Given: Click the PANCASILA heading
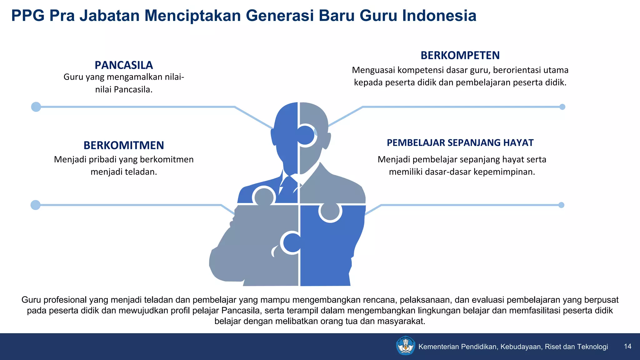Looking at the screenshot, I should click(124, 65).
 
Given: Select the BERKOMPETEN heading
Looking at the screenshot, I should click(460, 55).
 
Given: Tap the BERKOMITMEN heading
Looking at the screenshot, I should click(124, 145).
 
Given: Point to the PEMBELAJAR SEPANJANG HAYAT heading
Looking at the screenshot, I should click(460, 142).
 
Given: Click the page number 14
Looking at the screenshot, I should click(627, 346).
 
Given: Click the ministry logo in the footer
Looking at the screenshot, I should click(405, 346).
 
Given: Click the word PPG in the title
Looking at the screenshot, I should click(28, 16).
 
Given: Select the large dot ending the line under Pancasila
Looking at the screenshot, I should click(36, 107).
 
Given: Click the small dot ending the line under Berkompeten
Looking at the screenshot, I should click(562, 107).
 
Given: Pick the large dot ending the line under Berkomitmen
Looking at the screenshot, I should click(36, 205).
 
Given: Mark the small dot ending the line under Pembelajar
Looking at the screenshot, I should click(561, 205).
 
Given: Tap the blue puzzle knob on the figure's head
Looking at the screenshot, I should click(305, 135).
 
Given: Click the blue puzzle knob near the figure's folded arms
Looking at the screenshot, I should click(292, 243).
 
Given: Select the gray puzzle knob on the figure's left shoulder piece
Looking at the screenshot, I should click(264, 197).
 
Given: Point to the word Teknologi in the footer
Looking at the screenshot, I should click(592, 347).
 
